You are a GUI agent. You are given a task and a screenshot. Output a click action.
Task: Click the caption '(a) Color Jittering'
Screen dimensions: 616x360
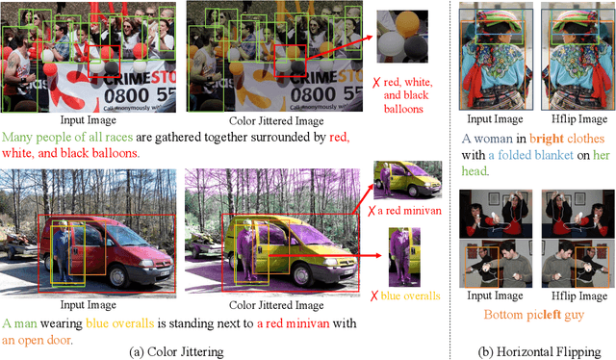(176, 351)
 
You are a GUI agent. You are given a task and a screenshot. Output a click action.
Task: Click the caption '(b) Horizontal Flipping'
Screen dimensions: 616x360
(539, 351)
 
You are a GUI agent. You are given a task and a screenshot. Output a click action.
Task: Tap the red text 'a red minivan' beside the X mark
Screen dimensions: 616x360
(409, 211)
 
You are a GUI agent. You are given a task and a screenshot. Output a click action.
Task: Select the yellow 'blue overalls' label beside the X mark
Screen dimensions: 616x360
(411, 296)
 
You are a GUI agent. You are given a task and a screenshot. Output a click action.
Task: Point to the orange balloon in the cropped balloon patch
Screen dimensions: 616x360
(407, 23)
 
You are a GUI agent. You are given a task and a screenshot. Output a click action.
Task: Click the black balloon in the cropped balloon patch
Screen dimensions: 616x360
(416, 48)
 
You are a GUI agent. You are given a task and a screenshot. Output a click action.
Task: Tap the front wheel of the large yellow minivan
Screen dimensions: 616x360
(305, 274)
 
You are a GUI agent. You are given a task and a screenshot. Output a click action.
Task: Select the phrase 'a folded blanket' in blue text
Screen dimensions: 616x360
(530, 155)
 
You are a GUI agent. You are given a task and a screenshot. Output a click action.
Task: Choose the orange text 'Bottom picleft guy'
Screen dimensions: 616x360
(534, 315)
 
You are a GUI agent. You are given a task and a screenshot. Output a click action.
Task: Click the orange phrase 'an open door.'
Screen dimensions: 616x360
(38, 340)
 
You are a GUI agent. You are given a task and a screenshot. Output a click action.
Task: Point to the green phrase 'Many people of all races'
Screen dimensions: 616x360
(67, 137)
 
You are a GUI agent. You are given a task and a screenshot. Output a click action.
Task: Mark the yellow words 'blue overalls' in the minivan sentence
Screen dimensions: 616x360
(119, 323)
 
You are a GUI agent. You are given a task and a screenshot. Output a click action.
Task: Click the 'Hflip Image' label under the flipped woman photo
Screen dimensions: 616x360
(579, 119)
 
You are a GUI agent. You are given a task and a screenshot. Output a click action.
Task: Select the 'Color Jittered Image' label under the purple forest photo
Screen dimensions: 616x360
(276, 305)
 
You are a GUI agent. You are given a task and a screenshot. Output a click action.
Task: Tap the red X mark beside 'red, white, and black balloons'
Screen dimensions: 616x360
(376, 83)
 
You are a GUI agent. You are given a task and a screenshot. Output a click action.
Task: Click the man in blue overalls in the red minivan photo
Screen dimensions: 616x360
(62, 250)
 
